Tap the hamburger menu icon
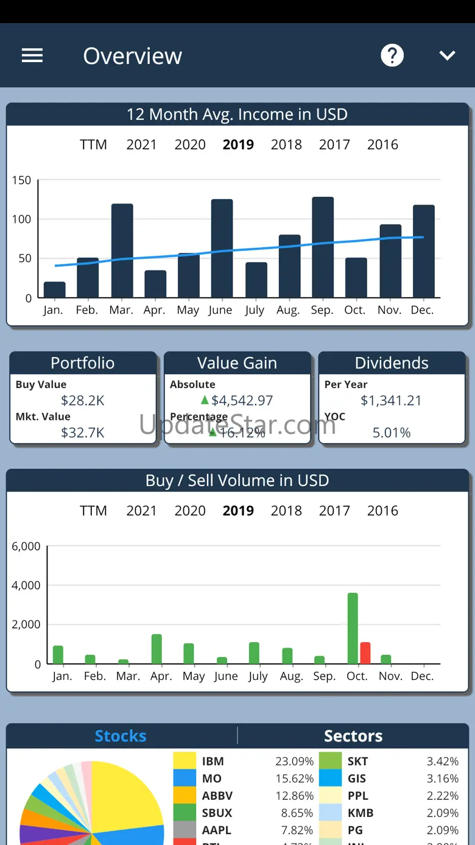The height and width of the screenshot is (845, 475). coord(32,56)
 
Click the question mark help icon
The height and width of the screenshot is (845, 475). coord(392,56)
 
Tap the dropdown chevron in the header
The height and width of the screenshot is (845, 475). coord(448,56)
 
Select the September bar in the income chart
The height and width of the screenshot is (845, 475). coord(323,247)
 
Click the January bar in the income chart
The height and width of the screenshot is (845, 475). coord(55,290)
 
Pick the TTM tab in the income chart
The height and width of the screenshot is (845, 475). coord(93,144)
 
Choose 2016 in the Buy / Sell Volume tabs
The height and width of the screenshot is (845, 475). coord(382,511)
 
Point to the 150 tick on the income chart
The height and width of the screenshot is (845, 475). coord(21,180)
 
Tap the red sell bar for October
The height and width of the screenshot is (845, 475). coord(365,653)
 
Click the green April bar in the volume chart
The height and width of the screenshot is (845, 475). coord(157,649)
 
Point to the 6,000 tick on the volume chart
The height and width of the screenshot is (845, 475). coord(26,546)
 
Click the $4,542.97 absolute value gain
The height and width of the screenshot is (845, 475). coord(242,400)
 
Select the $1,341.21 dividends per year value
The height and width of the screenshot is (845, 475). coord(391,400)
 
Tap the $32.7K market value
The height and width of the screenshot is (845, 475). coord(83,433)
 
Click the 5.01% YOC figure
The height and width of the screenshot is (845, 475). coord(392,433)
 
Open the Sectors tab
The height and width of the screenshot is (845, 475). coord(353,736)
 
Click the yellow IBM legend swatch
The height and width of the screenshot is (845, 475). coord(185,761)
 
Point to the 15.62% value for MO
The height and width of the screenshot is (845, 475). coord(294,779)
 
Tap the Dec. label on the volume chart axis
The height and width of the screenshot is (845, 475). coord(422,676)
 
